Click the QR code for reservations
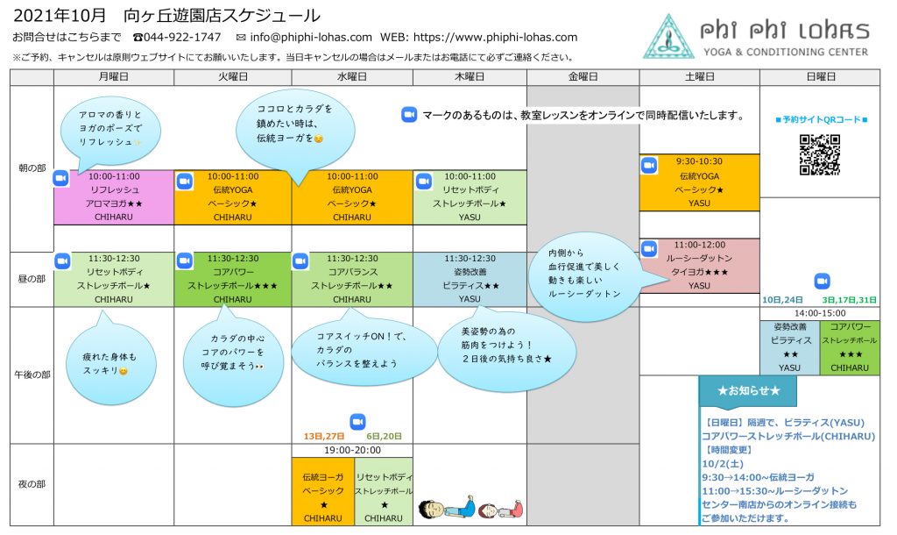[x=819, y=155]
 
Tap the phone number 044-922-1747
[x=183, y=38]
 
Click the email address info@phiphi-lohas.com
[x=311, y=38]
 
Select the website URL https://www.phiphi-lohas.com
[x=495, y=38]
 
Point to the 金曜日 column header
[x=583, y=77]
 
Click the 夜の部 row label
[x=32, y=484]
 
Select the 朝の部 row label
[x=32, y=168]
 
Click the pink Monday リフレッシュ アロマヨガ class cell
[x=114, y=197]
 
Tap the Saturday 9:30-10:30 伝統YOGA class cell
[x=699, y=182]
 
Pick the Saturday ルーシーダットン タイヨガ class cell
[x=699, y=266]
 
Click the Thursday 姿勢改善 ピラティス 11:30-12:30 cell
[x=470, y=279]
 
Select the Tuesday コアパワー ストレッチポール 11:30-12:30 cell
[x=233, y=279]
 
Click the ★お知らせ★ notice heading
[x=747, y=389]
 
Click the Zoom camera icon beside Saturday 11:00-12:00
[x=649, y=248]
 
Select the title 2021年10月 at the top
[x=60, y=15]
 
